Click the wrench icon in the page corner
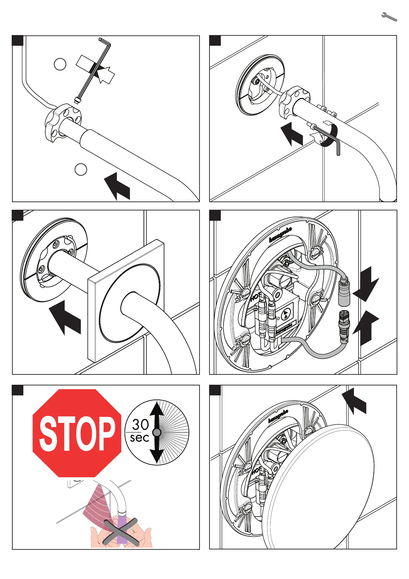point(389,17)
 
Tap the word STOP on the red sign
point(77,433)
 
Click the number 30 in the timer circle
point(140,425)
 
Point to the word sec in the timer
point(139,438)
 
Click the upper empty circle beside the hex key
point(60,64)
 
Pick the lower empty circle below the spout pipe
point(81,169)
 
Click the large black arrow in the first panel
point(117,186)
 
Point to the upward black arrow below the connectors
point(366,327)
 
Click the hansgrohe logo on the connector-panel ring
point(280,234)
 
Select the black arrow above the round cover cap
point(355,401)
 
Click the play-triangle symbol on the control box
point(286,314)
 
